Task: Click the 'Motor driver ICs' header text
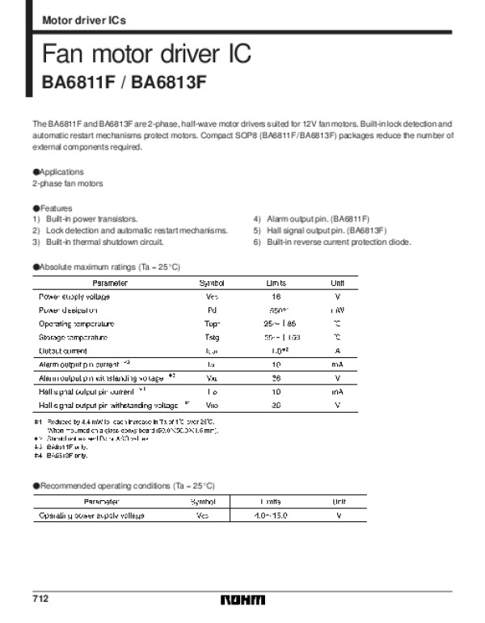(x=83, y=19)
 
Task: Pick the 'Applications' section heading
(x=61, y=172)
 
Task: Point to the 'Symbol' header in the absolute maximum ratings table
(x=212, y=283)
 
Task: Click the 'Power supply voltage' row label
(x=74, y=297)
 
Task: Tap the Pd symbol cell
(x=212, y=310)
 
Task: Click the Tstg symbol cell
(x=212, y=337)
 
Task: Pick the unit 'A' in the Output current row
(x=336, y=351)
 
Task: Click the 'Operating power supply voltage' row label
(x=91, y=515)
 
